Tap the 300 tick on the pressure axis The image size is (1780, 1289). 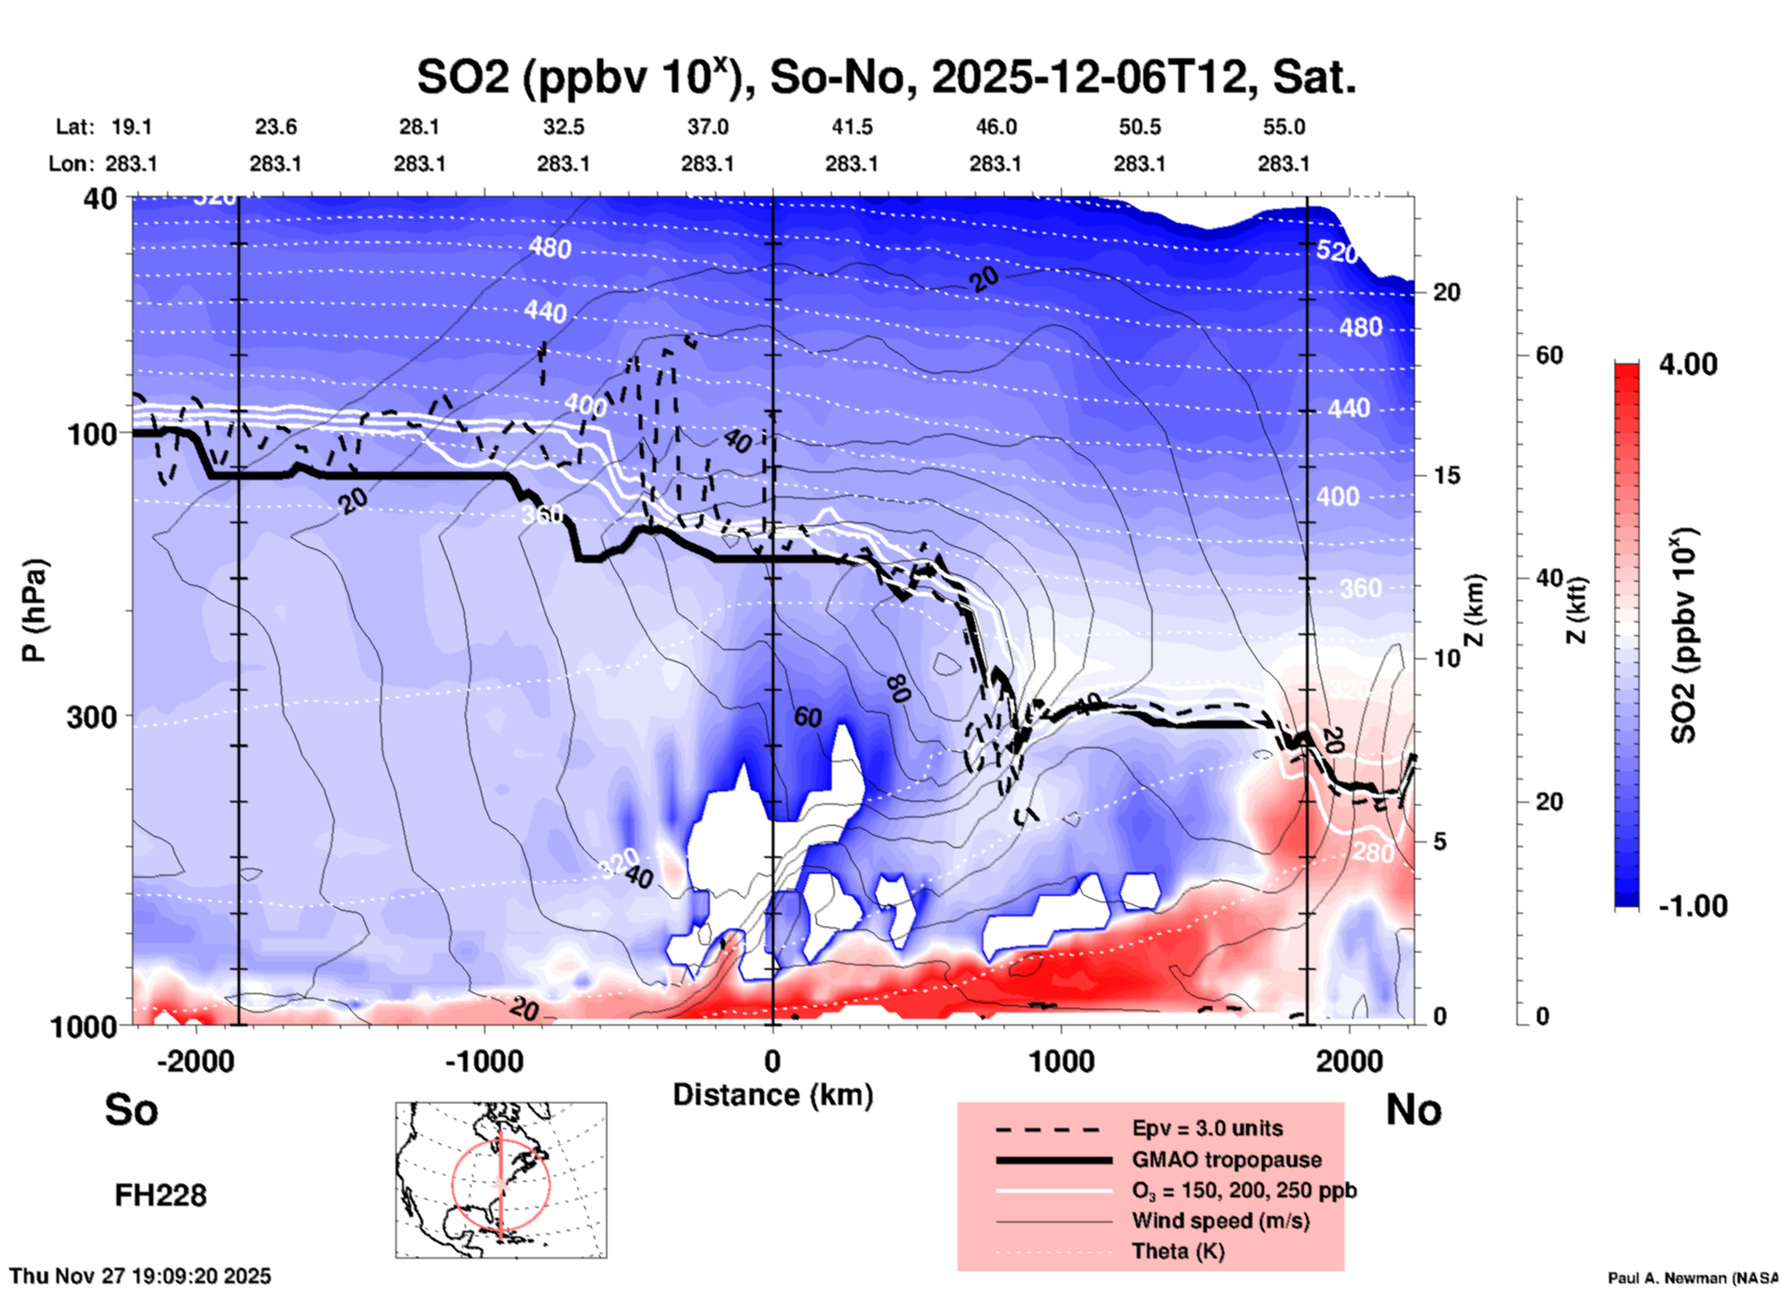[x=91, y=717]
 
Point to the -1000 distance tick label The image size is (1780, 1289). [x=483, y=1061]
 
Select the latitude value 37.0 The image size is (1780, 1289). [x=707, y=127]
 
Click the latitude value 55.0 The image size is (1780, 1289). [x=1284, y=127]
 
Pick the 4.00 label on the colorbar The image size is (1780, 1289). [x=1688, y=364]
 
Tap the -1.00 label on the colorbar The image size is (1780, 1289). [x=1692, y=905]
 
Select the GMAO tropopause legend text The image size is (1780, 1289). [x=1226, y=1160]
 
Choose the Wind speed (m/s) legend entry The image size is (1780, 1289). [x=1220, y=1221]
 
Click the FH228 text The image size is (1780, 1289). [x=161, y=1196]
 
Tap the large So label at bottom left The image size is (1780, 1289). [x=131, y=1110]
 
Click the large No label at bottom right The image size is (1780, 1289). [x=1413, y=1110]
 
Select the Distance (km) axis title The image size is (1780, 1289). [x=773, y=1095]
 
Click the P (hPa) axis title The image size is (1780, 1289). [x=34, y=610]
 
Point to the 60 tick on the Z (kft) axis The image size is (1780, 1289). [x=1549, y=355]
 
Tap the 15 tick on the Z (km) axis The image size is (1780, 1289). [x=1447, y=475]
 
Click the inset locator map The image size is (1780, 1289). [x=501, y=1180]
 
